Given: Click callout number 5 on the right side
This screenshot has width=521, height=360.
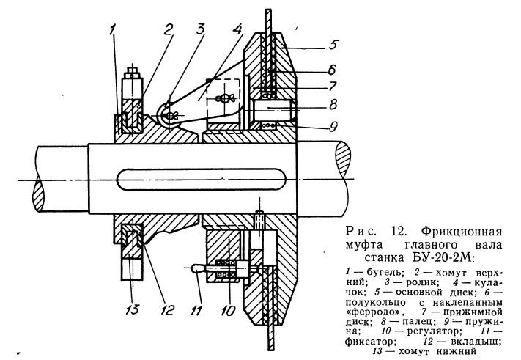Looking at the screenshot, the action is coord(333,44).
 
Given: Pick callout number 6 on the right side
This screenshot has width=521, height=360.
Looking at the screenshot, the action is coord(331,70).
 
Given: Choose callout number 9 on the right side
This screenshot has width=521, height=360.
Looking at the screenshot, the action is coord(333,127).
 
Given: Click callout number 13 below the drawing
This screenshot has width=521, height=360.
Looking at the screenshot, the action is coord(132,309).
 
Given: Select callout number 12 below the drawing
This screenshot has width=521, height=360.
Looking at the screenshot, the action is coord(167,310).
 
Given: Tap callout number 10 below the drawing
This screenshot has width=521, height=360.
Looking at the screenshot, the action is coord(229,311).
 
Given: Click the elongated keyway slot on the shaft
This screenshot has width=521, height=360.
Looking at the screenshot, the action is coord(202,180).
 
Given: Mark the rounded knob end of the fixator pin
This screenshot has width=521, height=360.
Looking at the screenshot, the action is coord(196,268).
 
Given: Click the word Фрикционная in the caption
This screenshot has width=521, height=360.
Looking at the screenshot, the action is coord(462,231).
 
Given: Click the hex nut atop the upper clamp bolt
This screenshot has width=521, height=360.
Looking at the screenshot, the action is coord(132,72).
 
